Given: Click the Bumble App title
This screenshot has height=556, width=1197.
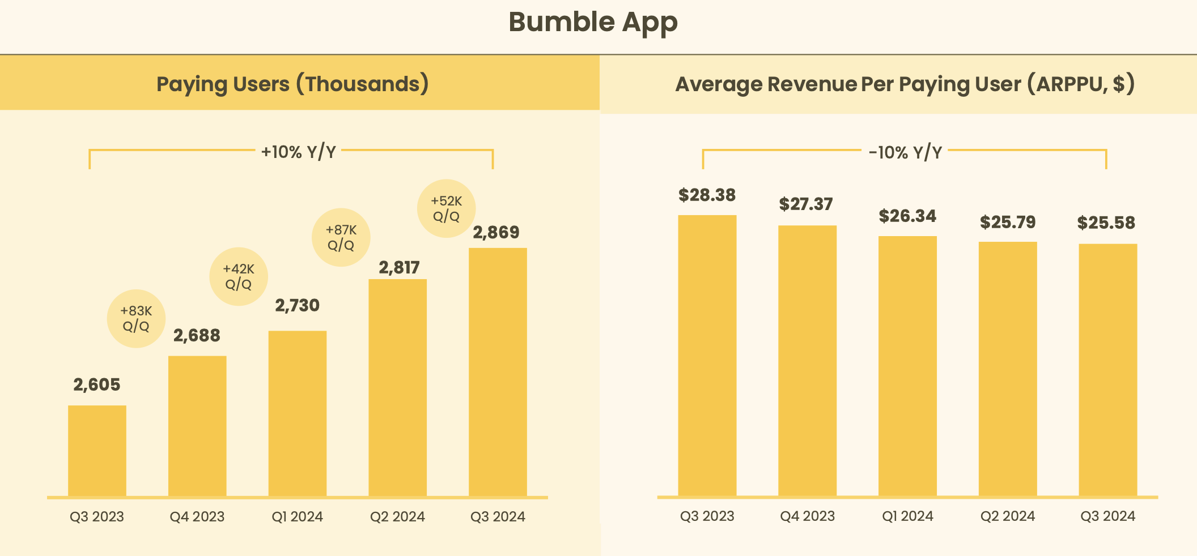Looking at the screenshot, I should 593,23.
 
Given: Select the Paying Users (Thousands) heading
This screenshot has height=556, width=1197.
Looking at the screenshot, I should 292,84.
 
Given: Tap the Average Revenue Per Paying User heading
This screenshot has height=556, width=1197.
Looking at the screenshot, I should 905,84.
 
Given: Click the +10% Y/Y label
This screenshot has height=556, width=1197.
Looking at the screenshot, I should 298,152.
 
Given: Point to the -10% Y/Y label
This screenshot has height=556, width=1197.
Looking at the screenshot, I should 905,152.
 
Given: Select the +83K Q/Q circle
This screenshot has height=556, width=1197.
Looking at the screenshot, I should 136,319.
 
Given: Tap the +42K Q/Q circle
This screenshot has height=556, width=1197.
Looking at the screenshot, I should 239,276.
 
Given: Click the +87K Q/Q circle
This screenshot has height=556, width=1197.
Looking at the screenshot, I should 341,237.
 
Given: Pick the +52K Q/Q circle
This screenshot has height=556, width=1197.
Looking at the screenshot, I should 446,208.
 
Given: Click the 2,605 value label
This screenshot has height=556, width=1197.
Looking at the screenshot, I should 97,385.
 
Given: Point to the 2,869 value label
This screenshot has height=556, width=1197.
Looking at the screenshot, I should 496,232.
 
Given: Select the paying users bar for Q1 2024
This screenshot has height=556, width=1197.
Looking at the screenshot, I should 298,413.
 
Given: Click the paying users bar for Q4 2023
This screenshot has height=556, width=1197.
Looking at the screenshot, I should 197,426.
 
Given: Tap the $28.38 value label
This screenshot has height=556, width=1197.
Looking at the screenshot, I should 707,195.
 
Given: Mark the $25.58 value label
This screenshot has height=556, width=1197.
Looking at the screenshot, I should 1106,223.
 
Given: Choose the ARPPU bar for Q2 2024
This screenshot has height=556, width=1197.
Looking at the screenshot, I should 1008,368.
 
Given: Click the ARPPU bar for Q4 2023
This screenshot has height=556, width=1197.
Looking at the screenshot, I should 807,360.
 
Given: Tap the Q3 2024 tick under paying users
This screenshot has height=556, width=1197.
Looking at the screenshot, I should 498,516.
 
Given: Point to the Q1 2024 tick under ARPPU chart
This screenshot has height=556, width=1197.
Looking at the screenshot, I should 907,516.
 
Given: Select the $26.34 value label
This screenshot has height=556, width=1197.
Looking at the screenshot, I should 907,216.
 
